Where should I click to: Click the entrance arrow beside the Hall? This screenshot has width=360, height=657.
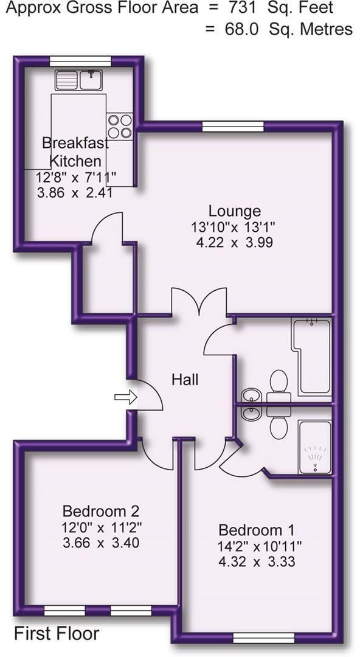click(x=126, y=397)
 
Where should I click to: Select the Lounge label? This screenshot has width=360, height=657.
click(x=235, y=211)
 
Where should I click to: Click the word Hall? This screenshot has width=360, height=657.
click(x=185, y=380)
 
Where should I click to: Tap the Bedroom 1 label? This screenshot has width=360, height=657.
click(x=251, y=529)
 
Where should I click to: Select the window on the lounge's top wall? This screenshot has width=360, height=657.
click(x=232, y=126)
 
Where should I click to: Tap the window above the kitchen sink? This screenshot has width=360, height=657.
click(x=80, y=60)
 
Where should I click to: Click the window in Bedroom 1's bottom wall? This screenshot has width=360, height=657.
click(x=263, y=637)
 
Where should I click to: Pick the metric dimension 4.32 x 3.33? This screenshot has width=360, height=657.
click(x=257, y=561)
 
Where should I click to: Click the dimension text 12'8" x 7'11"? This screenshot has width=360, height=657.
click(x=75, y=178)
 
